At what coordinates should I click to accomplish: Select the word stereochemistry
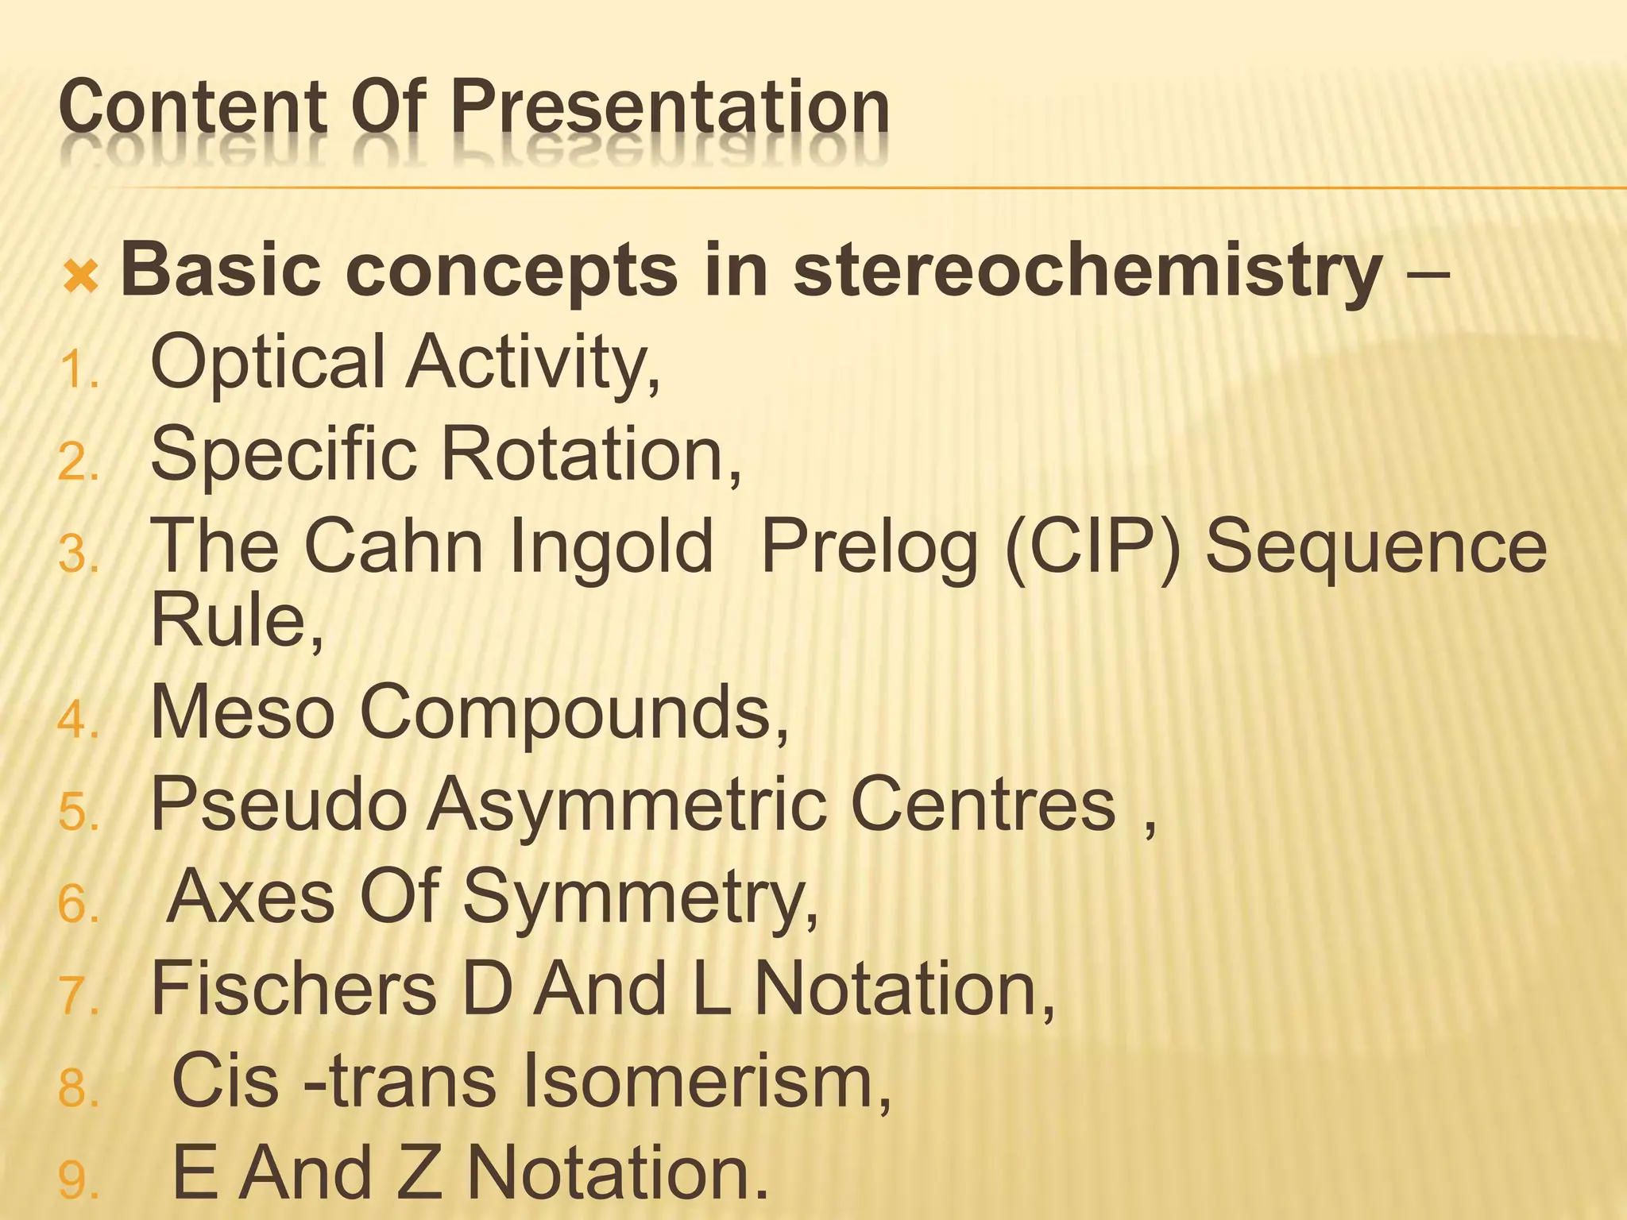[x=1088, y=272]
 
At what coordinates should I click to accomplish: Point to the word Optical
[x=268, y=363]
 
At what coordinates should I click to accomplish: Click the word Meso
[x=242, y=712]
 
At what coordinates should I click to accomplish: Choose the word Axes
[x=251, y=898]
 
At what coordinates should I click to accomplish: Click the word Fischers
[x=293, y=989]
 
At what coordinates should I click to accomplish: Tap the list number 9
[x=77, y=1181]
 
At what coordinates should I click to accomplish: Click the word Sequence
[x=1376, y=546]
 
